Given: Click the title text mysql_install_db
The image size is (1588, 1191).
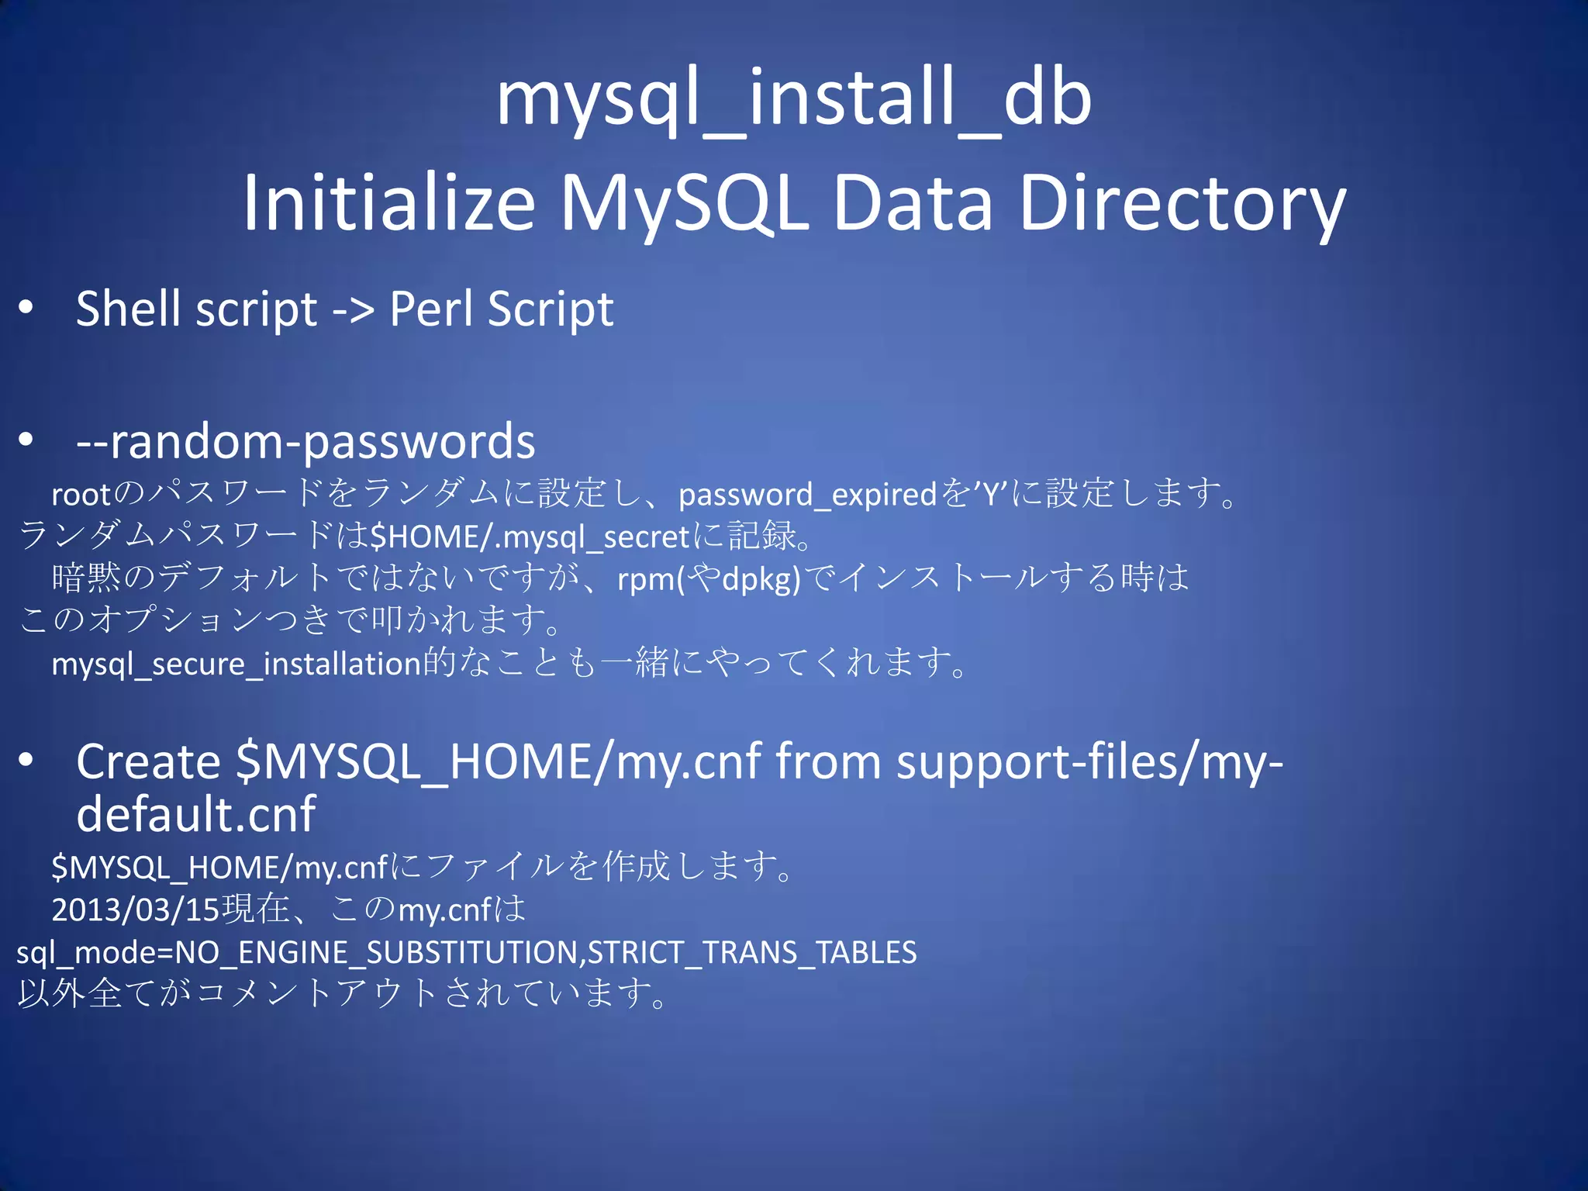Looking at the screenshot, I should click(793, 99).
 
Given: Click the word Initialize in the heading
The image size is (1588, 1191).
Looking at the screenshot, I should click(388, 203).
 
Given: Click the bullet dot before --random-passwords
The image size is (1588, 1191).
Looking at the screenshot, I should click(26, 440).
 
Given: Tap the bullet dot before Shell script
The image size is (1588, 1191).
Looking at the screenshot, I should click(26, 308).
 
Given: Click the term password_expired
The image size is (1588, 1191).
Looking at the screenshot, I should click(808, 495).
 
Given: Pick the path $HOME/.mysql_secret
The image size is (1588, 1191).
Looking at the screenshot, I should click(530, 537).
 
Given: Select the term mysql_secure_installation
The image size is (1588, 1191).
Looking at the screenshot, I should click(236, 664).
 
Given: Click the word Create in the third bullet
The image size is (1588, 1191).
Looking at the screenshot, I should click(148, 761).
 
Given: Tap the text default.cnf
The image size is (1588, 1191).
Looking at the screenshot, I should click(195, 814).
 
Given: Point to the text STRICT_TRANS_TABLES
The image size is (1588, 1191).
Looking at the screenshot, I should click(751, 952).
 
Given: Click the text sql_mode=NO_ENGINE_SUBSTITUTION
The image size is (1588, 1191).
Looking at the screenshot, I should click(299, 952).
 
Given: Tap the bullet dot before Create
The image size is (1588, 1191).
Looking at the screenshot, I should click(26, 761).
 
